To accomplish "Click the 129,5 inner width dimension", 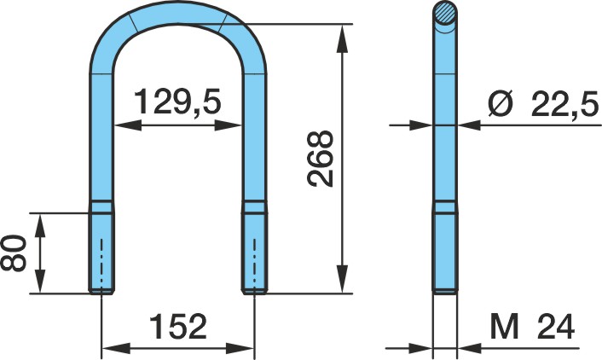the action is point(177,102).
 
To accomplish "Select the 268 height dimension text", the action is point(321,159).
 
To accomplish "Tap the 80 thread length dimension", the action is point(14,253).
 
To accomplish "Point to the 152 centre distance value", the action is point(177,327).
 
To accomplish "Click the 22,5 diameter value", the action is point(564,104).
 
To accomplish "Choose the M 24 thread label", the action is point(532,327).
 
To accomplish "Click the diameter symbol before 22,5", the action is point(501,104).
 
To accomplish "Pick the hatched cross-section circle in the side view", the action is point(445,13).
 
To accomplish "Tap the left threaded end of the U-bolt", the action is point(101,247).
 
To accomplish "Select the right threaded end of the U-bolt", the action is point(254,247).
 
